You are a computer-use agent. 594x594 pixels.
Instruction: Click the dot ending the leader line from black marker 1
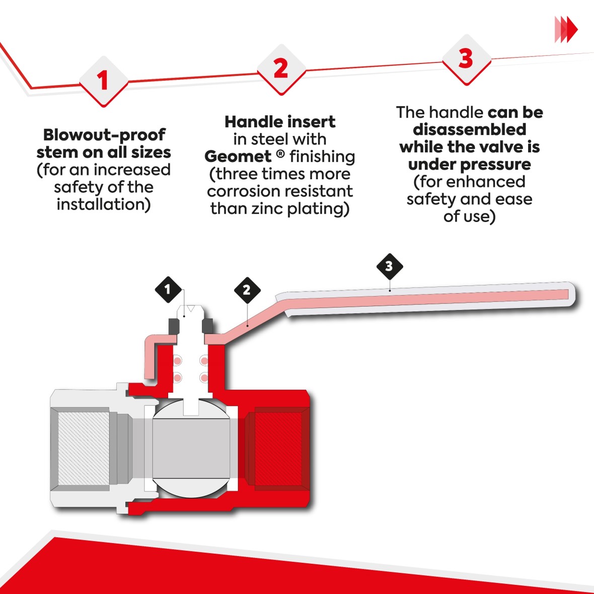[184, 315]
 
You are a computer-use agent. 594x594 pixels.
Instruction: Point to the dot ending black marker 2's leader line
[247, 325]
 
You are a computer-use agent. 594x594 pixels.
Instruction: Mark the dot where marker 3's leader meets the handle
[390, 290]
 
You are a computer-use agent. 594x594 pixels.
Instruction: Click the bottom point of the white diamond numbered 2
[281, 95]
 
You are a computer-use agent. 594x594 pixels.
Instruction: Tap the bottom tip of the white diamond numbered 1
[103, 107]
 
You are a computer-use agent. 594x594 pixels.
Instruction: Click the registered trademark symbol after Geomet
[280, 154]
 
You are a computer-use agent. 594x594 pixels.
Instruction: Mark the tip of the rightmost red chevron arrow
[577, 29]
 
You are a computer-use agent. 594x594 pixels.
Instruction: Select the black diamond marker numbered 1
[168, 289]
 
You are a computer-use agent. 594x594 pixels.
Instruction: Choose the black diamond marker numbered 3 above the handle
[390, 266]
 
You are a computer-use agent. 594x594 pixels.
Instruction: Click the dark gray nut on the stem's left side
[174, 326]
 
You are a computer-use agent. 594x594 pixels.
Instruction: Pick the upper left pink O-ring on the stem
[177, 360]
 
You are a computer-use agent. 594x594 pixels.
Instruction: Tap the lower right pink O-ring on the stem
[204, 378]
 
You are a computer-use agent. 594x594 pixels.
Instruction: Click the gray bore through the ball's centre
[191, 448]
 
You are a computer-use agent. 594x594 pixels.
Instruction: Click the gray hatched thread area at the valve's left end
[84, 448]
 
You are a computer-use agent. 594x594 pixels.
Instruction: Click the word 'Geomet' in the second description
[238, 157]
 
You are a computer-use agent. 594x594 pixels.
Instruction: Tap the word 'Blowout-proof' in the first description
[104, 134]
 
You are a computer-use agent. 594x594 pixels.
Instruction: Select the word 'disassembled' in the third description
[469, 129]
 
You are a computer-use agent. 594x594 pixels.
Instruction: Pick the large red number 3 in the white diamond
[466, 59]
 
